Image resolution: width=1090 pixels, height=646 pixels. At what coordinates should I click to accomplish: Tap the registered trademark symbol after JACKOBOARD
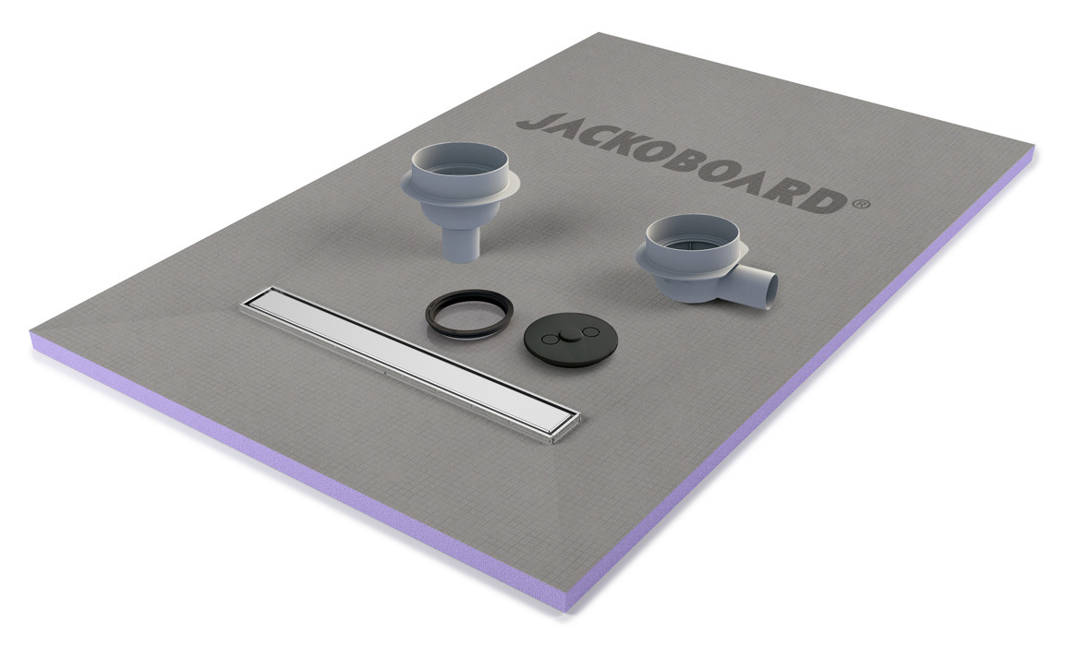[x=861, y=204]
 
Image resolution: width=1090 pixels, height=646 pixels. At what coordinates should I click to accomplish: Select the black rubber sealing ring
[x=468, y=314]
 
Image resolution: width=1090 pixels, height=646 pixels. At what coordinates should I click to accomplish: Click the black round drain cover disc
[x=570, y=339]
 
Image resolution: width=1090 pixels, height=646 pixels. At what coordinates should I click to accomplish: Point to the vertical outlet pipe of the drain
[x=459, y=241]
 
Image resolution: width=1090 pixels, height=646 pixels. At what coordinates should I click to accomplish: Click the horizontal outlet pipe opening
[x=770, y=287]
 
